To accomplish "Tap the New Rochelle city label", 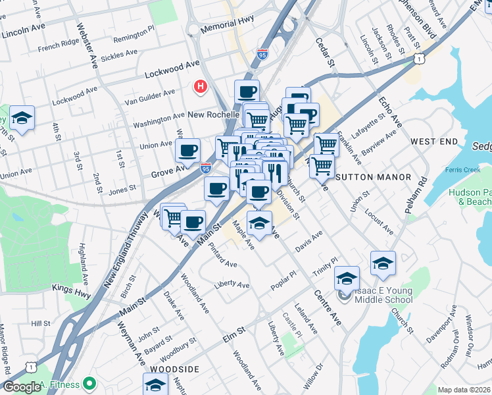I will click(214, 115).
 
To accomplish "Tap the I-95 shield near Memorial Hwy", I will click(262, 53).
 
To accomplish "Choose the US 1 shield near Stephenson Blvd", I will click(418, 59).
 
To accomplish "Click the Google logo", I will click(22, 386).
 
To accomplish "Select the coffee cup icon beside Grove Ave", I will click(187, 151).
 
